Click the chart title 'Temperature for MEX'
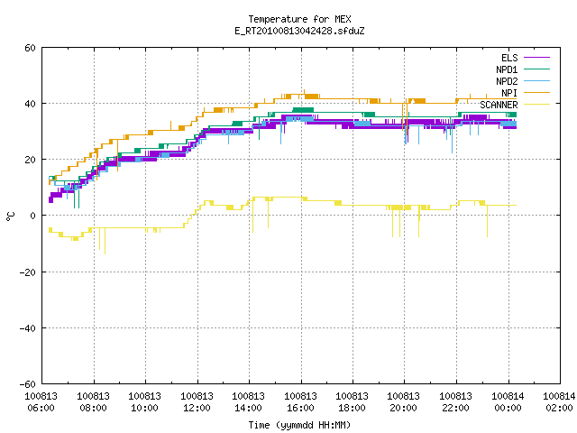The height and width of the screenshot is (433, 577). tap(299, 19)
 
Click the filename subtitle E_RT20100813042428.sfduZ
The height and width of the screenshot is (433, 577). tap(299, 31)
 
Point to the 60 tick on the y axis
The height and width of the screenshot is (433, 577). tap(30, 48)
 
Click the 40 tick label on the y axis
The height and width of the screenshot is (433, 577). tap(30, 104)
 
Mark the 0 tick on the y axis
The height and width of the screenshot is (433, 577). tap(33, 216)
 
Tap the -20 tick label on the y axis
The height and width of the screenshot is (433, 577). tap(28, 272)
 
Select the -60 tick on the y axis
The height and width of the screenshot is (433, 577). tap(28, 384)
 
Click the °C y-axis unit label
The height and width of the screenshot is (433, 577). tap(10, 216)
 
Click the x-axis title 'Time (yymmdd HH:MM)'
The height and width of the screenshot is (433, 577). tap(299, 425)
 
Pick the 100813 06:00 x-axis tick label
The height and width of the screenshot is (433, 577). tap(41, 402)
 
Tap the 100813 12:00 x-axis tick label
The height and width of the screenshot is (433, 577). tap(197, 402)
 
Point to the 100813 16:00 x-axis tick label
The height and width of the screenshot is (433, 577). tap(300, 402)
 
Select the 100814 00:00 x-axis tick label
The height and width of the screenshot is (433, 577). tap(508, 402)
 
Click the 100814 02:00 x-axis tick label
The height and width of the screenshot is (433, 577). tap(559, 402)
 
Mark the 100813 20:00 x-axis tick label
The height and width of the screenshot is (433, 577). tap(404, 402)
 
